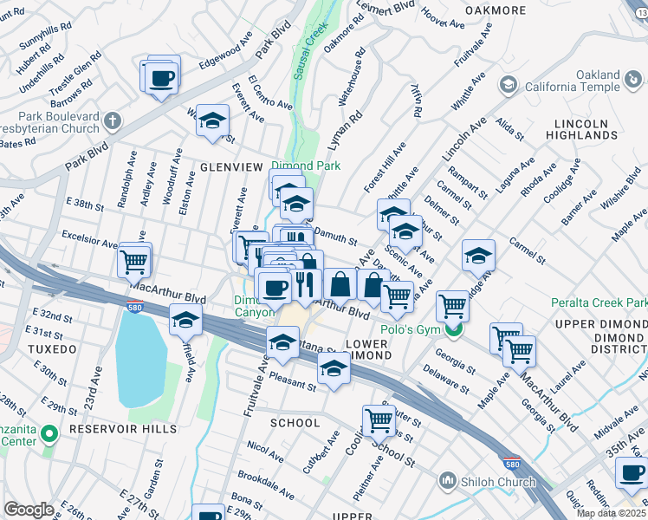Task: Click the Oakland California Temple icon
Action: (x=508, y=84)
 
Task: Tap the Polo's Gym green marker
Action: (x=450, y=329)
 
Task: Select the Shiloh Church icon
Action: (x=448, y=479)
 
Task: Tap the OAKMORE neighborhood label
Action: (x=496, y=10)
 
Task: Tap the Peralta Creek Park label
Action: (x=599, y=303)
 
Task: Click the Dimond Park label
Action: (x=305, y=166)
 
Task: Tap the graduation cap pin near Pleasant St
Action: (x=331, y=368)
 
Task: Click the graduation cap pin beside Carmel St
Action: (x=477, y=255)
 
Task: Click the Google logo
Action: (x=29, y=510)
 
